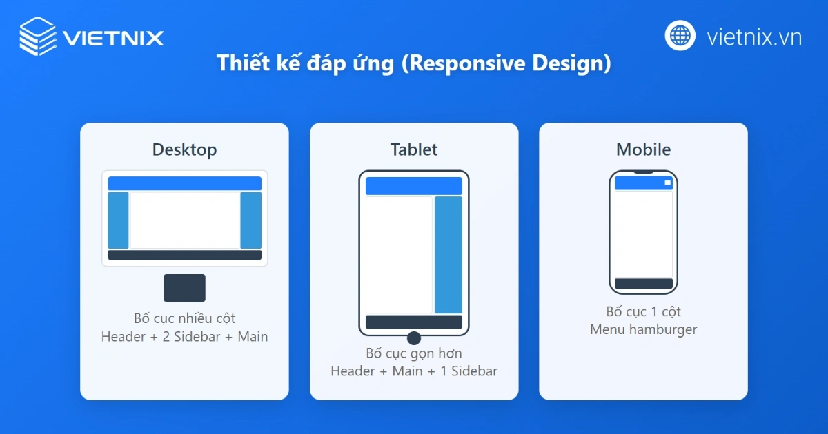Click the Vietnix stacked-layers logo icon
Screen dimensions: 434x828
39,37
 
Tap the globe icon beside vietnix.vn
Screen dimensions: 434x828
680,35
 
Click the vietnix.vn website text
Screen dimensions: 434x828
754,37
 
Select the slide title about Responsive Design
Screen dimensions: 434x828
414,63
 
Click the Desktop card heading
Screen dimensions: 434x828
184,149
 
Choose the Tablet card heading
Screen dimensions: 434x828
414,149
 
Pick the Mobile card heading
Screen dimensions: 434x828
643,149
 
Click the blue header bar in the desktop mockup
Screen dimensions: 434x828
184,183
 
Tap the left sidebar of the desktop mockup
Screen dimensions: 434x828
119,220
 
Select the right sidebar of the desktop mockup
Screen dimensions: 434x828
250,220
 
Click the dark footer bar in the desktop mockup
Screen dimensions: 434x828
184,256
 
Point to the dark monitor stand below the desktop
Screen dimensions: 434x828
184,288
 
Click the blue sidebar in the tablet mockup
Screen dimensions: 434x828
448,254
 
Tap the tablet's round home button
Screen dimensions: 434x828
414,338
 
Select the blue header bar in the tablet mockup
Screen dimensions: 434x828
414,186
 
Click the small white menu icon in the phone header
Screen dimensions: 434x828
667,183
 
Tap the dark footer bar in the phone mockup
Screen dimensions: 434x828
643,284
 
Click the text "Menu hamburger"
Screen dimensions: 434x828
643,329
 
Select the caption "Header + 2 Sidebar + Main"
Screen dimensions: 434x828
184,337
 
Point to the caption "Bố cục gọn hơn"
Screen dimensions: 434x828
414,353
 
